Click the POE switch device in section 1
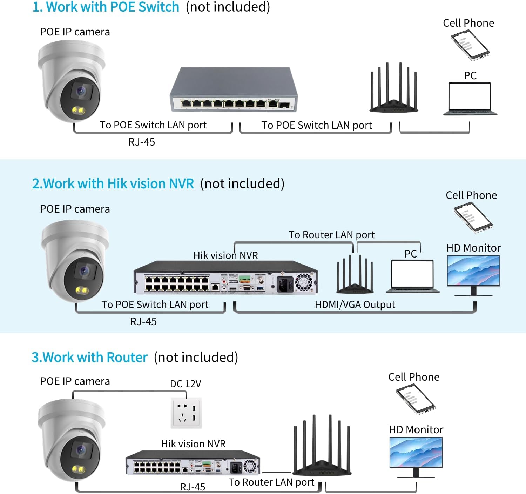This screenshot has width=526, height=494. click(234, 90)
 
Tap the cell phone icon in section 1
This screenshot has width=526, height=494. click(470, 45)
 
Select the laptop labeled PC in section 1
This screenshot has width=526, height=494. click(470, 99)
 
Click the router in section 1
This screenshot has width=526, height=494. click(393, 89)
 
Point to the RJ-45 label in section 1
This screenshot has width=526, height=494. click(141, 142)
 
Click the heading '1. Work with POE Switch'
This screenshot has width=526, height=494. click(106, 7)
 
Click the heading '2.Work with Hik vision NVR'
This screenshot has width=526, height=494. click(113, 183)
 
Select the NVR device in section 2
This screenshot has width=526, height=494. click(225, 277)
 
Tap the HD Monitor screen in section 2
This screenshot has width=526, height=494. click(473, 271)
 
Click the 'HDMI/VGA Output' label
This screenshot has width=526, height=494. click(355, 305)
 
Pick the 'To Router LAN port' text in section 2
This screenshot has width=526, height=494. click(331, 235)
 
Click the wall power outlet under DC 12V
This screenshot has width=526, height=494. click(186, 413)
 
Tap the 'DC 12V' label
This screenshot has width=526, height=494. click(186, 384)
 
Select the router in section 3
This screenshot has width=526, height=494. click(322, 447)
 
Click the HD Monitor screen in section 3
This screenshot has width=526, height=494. click(416, 452)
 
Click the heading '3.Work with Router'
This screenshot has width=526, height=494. click(89, 357)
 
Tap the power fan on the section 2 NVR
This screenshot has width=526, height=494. click(303, 282)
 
